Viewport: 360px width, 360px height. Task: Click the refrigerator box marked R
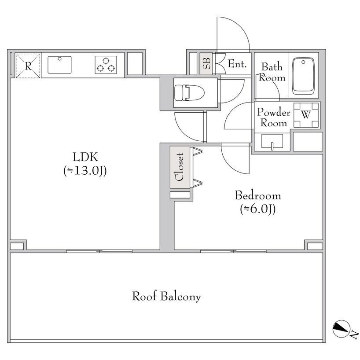click(28, 66)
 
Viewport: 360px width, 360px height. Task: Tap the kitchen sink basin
click(59, 65)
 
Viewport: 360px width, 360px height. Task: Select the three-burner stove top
click(106, 65)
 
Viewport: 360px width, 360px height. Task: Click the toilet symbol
click(189, 93)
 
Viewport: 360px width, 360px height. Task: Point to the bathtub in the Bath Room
click(303, 76)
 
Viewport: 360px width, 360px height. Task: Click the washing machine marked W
click(306, 115)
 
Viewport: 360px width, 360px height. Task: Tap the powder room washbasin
click(272, 141)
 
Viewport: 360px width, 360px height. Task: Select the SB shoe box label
click(206, 64)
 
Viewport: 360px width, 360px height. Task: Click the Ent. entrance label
click(237, 64)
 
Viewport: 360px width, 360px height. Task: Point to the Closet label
click(180, 167)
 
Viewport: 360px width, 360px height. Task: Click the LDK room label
click(85, 157)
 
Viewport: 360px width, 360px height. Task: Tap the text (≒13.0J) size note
click(85, 171)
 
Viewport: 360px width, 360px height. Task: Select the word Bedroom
click(258, 195)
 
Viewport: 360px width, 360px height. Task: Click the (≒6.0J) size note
click(258, 209)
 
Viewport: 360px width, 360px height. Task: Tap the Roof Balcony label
click(166, 296)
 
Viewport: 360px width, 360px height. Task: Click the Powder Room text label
click(274, 118)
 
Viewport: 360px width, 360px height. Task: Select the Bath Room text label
click(272, 72)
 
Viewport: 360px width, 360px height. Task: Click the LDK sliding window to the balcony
click(99, 251)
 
